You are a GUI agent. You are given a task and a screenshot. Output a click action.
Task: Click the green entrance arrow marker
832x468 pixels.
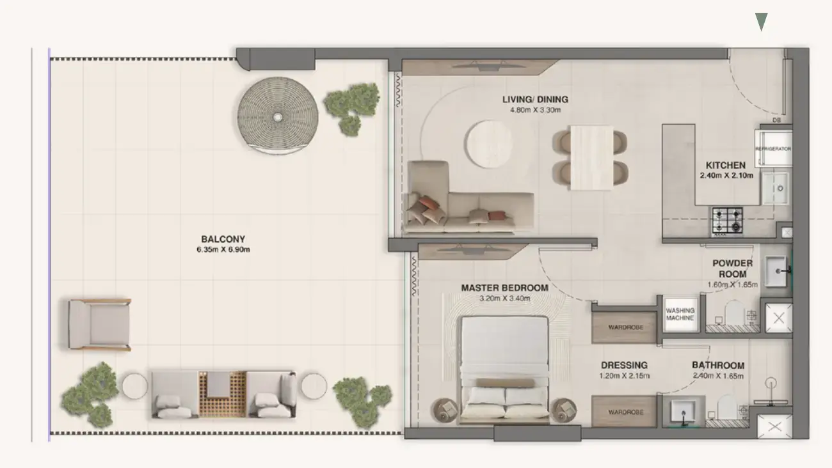[x=761, y=22]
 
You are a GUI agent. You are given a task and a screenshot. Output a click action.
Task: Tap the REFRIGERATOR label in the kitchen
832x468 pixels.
[x=773, y=149]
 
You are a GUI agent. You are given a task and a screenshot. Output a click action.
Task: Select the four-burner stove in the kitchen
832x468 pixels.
[x=728, y=221]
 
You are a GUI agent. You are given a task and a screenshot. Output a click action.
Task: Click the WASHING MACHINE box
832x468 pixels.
[x=680, y=314]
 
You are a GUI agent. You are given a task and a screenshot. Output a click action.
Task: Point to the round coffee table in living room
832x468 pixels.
[x=489, y=144]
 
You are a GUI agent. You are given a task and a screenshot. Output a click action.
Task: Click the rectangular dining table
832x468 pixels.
[x=590, y=157]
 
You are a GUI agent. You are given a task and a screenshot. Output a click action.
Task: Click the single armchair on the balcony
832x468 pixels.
[x=100, y=324]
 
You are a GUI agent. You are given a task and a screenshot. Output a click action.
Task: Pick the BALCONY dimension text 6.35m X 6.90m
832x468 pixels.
[x=223, y=249]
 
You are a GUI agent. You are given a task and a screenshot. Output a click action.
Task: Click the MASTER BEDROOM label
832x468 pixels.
[x=504, y=288]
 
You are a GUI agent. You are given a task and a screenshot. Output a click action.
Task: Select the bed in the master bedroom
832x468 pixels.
[x=504, y=370]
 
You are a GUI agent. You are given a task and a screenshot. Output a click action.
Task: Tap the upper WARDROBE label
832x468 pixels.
[x=624, y=327]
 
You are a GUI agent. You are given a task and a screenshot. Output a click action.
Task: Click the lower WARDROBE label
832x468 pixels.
[x=624, y=412]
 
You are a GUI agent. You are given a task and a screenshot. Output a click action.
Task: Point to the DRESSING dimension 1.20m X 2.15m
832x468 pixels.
[x=623, y=376]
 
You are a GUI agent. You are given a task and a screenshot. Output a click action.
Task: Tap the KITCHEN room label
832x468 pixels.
[x=725, y=165]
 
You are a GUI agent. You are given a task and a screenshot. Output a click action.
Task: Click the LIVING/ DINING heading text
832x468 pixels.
[x=535, y=99]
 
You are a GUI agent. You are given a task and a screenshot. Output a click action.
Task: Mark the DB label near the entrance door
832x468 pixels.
[x=776, y=120]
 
